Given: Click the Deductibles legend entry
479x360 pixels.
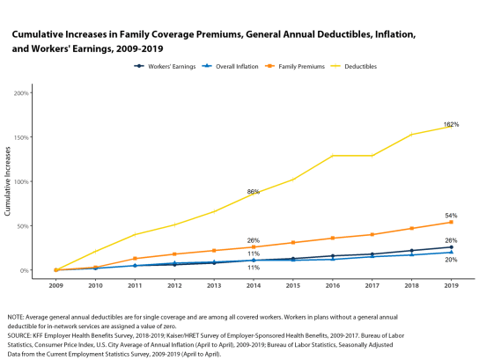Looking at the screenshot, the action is point(354,66).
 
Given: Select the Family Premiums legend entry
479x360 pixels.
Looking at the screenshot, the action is point(295,66).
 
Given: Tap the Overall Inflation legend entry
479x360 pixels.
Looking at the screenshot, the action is point(230,66).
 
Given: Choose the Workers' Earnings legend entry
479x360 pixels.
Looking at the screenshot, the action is point(165,66).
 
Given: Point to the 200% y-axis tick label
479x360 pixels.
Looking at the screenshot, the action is point(21,93).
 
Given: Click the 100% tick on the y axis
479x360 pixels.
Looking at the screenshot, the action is point(21,182).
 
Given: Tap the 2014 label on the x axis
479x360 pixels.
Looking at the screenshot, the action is point(254,285).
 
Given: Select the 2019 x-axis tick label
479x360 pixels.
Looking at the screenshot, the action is point(451,285).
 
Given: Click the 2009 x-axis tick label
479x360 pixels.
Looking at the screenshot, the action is point(55,285).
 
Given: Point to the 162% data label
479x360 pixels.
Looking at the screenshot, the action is point(451,124).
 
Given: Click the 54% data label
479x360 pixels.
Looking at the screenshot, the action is point(451,216).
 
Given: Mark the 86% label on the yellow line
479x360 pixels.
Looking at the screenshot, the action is point(254,192).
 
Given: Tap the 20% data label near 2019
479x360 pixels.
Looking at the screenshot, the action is point(451,260).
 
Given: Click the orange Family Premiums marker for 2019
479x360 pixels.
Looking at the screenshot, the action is point(451,223).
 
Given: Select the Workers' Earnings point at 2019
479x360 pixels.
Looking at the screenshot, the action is point(451,247).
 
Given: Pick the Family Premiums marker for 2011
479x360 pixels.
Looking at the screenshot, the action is point(135,259).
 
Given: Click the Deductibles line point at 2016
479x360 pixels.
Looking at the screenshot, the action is point(333,156).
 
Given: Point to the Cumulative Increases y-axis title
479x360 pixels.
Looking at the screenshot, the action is point(8,181).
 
